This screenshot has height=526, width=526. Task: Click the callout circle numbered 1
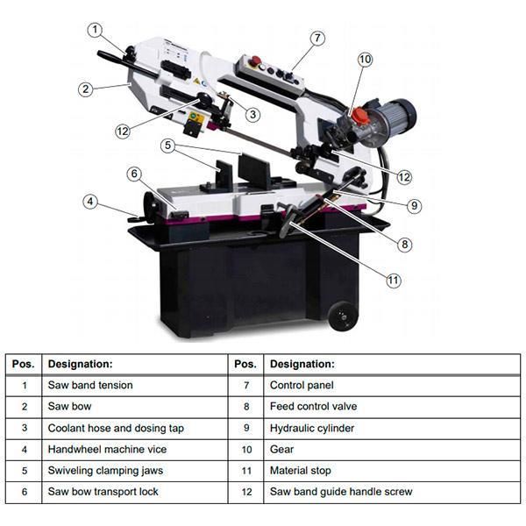[95, 30]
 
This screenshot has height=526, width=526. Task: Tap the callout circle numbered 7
[316, 38]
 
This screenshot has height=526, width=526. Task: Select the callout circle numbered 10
[365, 60]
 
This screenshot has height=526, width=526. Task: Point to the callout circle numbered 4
[90, 202]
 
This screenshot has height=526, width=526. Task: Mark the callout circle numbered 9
[414, 206]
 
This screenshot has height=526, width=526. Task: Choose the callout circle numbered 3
[252, 113]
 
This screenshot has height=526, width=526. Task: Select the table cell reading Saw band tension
[90, 385]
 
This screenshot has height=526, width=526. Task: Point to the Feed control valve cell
[313, 407]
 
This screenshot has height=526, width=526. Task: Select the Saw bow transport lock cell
[103, 492]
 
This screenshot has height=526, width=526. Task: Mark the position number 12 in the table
[246, 492]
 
